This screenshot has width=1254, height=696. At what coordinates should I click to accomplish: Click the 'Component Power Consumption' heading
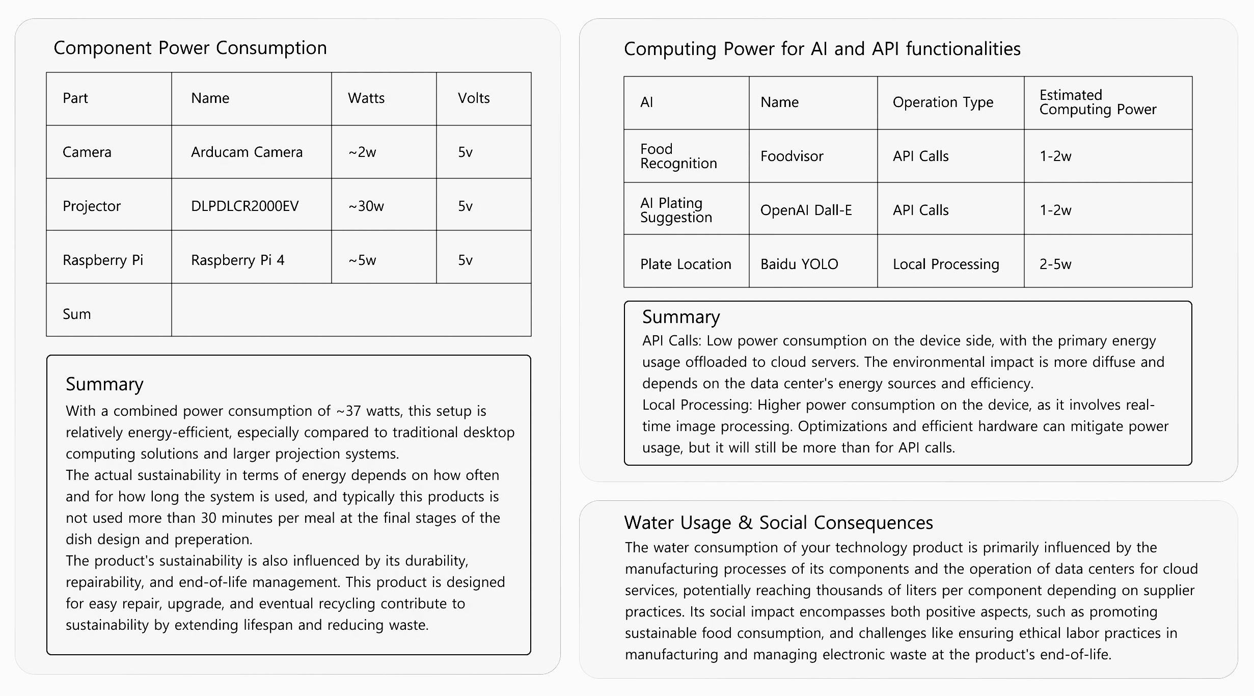tap(190, 48)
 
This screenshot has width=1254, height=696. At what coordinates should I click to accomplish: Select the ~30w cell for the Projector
tap(366, 206)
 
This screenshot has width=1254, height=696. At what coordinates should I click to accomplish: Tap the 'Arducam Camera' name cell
tap(247, 152)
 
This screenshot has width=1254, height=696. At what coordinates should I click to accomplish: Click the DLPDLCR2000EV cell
tap(244, 206)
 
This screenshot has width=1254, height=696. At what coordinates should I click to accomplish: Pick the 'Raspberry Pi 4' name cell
tap(237, 260)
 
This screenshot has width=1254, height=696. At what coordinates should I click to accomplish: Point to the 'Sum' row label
tap(77, 314)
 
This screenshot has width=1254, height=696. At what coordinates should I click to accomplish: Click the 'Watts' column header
tap(366, 98)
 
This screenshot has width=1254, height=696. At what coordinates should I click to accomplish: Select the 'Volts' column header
tap(474, 98)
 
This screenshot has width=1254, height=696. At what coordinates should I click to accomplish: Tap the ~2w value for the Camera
tap(362, 152)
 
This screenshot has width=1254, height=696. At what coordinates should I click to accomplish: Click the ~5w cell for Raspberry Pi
tap(362, 260)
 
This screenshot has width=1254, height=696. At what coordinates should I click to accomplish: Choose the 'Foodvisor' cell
tap(792, 156)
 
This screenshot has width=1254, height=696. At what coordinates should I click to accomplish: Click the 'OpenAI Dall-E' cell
tap(806, 210)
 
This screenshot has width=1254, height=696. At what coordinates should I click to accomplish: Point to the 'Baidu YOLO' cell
tap(799, 264)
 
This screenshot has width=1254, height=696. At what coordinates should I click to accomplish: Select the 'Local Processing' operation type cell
tap(946, 264)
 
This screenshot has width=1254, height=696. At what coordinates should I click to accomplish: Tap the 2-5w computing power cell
tap(1055, 264)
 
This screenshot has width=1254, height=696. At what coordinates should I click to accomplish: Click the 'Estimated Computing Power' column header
tap(1098, 102)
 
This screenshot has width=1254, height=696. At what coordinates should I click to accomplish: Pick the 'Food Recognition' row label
tap(678, 156)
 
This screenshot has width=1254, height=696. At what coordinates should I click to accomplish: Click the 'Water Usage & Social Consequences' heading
tap(778, 523)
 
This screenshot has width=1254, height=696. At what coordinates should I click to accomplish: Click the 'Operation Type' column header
tap(943, 102)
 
